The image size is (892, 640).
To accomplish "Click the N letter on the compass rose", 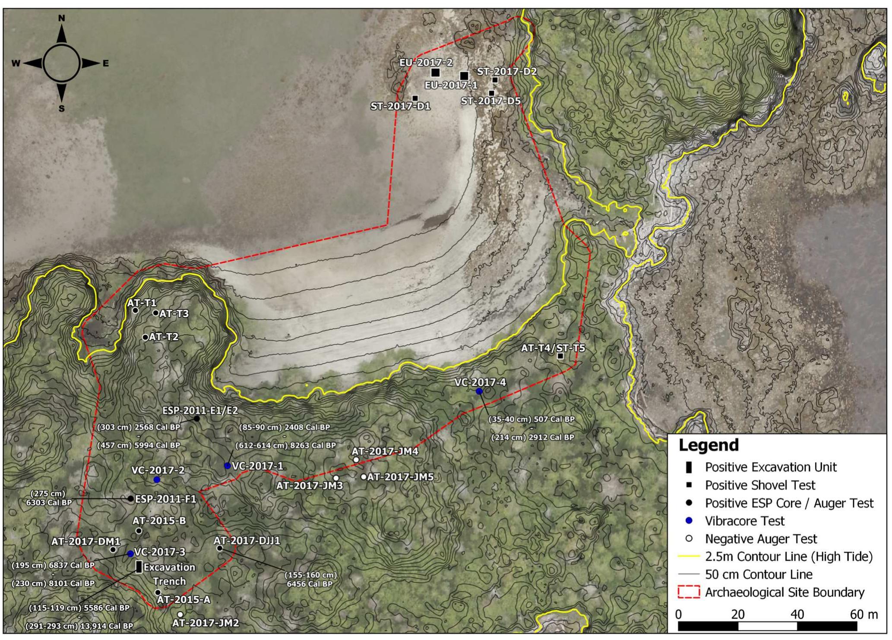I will [62, 19].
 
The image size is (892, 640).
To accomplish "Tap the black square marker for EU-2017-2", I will [435, 72].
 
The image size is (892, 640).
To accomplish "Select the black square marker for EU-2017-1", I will [464, 76].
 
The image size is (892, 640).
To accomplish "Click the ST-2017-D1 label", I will [400, 107].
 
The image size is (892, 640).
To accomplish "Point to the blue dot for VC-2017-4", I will [479, 391].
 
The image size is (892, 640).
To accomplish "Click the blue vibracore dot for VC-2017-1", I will [227, 466].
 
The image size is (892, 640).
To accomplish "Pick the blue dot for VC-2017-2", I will [157, 480].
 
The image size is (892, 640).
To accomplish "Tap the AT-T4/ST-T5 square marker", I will [560, 356].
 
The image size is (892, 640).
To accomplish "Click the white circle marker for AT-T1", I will [135, 311].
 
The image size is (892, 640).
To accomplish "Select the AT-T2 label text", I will [164, 337].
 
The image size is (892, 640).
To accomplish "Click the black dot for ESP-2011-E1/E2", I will [197, 419].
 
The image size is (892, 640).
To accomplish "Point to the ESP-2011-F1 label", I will [166, 499].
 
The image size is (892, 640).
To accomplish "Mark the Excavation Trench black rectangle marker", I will [139, 567].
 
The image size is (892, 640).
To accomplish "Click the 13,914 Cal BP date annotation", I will [79, 626].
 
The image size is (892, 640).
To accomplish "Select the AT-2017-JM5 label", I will [400, 477].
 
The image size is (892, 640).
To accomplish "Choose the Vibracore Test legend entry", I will [744, 521].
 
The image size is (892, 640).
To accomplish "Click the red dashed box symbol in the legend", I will [689, 593].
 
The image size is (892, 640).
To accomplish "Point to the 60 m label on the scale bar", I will [864, 615].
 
